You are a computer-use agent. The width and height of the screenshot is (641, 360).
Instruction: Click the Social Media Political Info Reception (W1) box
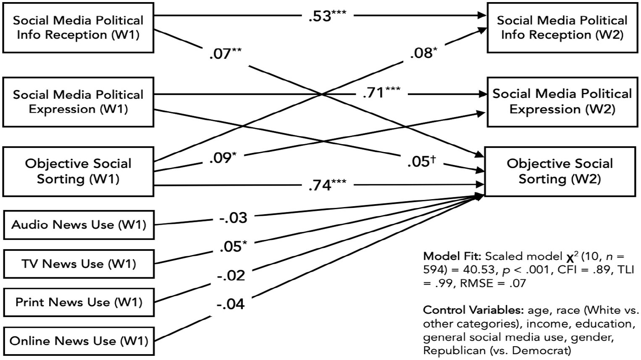(x=78, y=28)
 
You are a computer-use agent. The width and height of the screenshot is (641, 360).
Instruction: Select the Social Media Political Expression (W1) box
(x=78, y=102)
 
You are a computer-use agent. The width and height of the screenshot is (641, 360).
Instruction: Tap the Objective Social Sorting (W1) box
(x=78, y=172)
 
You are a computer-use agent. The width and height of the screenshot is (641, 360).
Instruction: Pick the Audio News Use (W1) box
(x=79, y=225)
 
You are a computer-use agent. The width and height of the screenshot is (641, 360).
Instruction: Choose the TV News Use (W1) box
(x=79, y=264)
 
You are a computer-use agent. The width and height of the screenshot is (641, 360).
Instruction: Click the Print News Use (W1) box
(x=79, y=302)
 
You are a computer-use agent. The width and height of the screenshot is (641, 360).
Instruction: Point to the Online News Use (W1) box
(x=79, y=341)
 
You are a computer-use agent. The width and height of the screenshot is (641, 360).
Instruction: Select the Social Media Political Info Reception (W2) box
(x=562, y=28)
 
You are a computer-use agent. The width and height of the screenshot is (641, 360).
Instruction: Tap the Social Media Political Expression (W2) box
(x=562, y=102)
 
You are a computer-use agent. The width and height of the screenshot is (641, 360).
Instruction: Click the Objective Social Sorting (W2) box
(x=560, y=172)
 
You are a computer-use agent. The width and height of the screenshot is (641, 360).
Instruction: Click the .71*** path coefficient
(x=381, y=92)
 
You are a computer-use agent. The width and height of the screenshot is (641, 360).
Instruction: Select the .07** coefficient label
(x=225, y=53)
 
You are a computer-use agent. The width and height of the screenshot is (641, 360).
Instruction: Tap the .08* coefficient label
(x=423, y=53)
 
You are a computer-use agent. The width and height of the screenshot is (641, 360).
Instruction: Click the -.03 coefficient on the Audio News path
(x=233, y=218)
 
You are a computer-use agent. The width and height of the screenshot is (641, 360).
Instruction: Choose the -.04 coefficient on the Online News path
(x=231, y=304)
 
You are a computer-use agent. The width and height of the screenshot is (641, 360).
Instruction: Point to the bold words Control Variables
(x=473, y=310)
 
